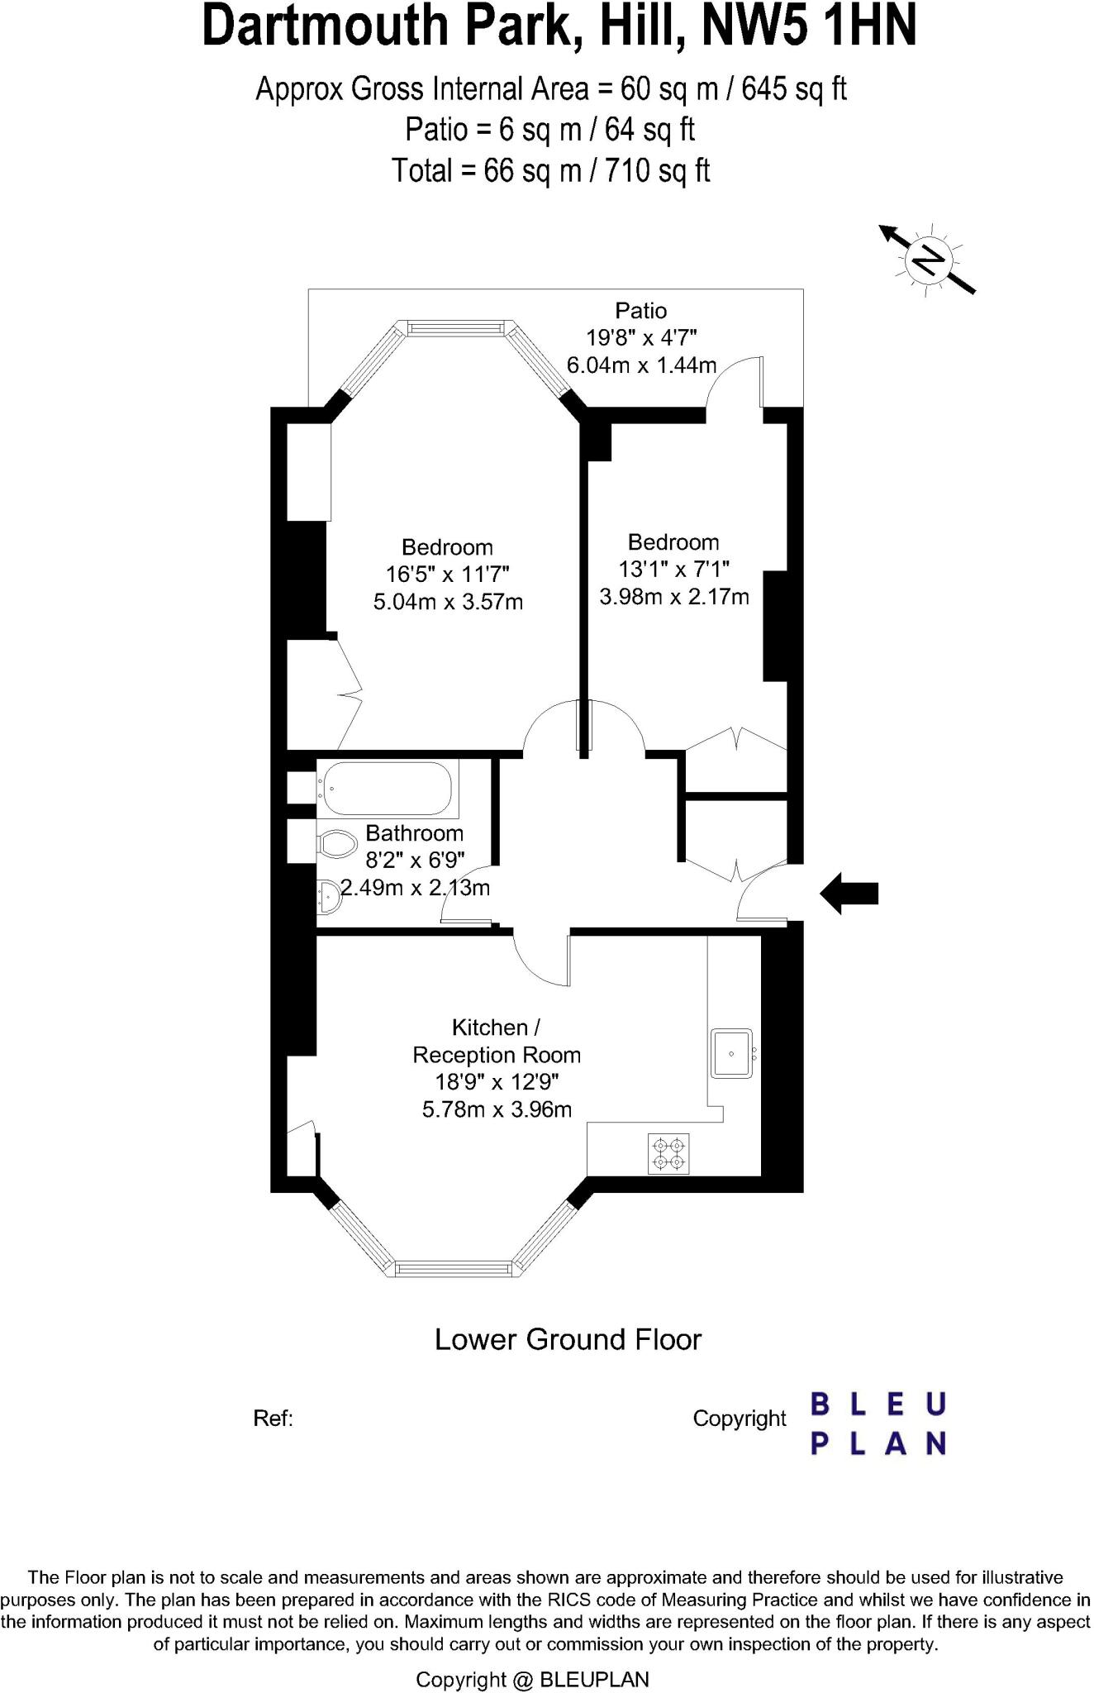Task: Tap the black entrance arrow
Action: (x=849, y=893)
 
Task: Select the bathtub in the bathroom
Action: (x=388, y=788)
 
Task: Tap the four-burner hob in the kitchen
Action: (x=668, y=1154)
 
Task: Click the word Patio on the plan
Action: (x=640, y=311)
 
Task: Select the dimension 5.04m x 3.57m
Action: (x=448, y=602)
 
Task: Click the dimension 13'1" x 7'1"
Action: (x=673, y=569)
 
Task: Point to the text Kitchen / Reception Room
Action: (x=497, y=1042)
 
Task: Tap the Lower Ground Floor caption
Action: (x=568, y=1339)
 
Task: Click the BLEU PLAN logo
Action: (x=878, y=1424)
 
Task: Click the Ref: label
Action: (x=273, y=1419)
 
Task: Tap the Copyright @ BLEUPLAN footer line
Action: (x=532, y=1679)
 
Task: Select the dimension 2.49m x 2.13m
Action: (x=415, y=889)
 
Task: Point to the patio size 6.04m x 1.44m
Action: (x=641, y=365)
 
